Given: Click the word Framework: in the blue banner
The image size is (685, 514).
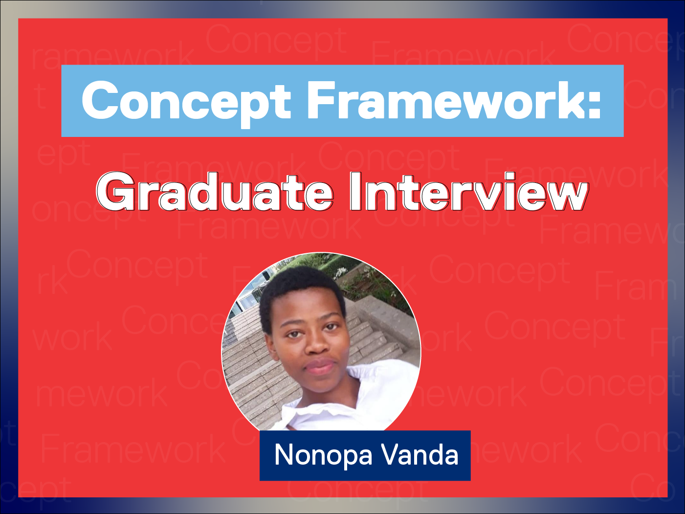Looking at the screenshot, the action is (454, 100).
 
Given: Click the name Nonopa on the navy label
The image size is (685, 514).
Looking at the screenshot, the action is (323, 455).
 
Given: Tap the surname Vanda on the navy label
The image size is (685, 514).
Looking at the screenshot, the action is (420, 454).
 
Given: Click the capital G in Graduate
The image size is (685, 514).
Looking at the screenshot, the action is (115, 191).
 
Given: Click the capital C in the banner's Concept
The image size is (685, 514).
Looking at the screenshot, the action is (99, 100).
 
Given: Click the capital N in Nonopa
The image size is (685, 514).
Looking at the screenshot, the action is (284, 454).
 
